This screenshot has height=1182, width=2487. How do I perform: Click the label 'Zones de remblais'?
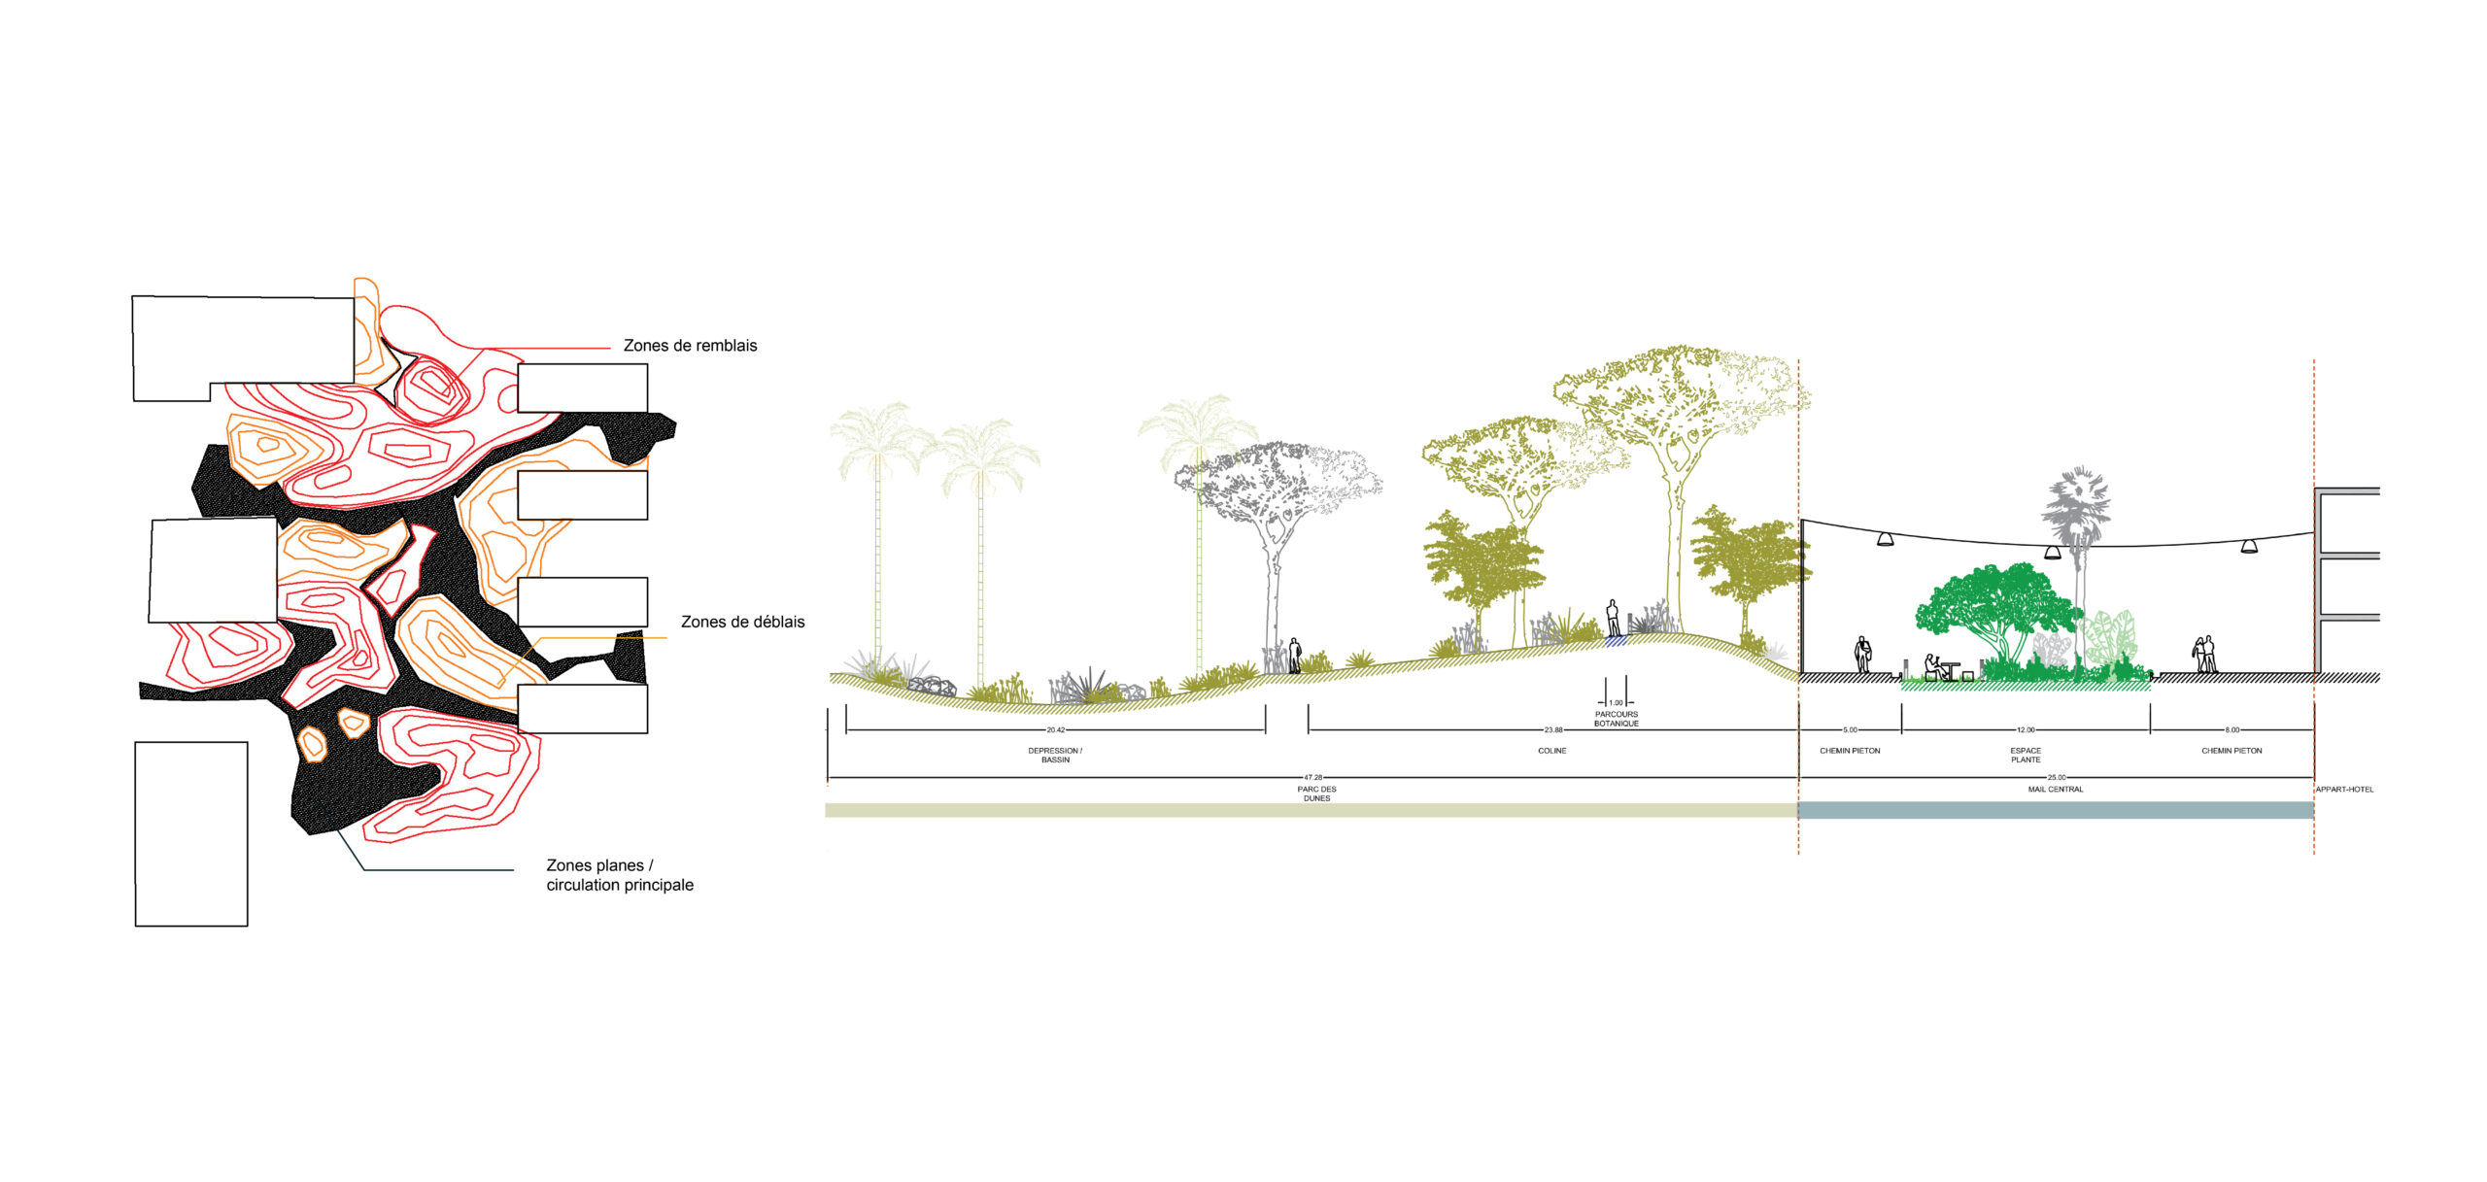pos(690,346)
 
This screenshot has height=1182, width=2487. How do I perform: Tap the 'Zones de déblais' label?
pos(742,622)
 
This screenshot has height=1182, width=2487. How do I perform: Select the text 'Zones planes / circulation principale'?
pos(620,875)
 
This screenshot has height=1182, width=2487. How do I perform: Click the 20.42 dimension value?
pos(1055,730)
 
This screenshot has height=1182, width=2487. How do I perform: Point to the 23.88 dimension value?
pos(1553,730)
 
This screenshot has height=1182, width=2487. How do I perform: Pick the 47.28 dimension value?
pos(1312,778)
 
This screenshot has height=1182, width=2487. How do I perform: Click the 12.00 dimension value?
pos(2026,730)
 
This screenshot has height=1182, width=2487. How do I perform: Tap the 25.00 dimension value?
pos(2057,778)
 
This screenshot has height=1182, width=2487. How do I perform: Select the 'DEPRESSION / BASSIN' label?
pos(1055,755)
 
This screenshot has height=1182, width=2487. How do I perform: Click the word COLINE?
pos(1551,751)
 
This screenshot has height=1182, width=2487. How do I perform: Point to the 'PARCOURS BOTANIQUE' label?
pos(1616,719)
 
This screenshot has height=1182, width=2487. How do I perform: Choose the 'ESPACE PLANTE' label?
pos(2026,755)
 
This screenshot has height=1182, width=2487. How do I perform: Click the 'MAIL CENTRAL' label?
pos(2056,790)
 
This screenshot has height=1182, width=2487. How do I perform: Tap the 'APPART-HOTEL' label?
pos(2344,790)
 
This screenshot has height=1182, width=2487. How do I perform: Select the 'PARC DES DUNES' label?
pos(1316,794)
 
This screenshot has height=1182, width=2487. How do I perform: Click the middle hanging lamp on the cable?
pos(2053,553)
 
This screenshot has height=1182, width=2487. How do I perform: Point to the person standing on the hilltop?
pos(1613,618)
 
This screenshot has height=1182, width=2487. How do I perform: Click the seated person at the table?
pos(1932,667)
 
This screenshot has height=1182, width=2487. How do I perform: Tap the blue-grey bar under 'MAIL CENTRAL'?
pos(2056,810)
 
